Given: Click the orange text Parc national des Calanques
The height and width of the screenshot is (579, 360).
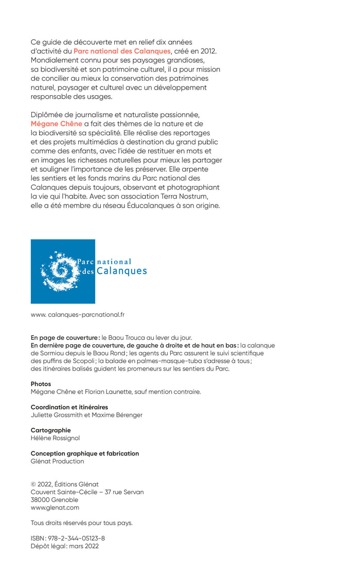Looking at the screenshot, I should click(122, 51).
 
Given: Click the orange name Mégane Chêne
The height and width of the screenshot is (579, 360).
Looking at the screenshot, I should click(56, 124).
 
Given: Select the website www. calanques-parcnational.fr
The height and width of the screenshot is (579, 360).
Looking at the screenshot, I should click(78, 314).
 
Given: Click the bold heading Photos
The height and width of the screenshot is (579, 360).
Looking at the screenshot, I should click(41, 384).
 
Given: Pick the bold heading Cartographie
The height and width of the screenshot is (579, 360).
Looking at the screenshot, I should click(51, 430).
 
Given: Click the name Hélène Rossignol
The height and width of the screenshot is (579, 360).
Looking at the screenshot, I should click(55, 438).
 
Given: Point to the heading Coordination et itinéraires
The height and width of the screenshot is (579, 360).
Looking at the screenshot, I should click(69, 407).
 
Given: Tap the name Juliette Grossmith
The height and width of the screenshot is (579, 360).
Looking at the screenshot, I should click(57, 415).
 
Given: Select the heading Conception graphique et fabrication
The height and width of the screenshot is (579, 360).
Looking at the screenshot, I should click(85, 453).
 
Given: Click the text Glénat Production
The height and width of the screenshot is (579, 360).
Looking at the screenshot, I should click(57, 461).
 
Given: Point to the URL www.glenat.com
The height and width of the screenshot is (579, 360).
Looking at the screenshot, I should click(55, 507).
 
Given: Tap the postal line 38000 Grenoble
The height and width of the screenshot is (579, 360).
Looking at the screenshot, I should click(55, 500).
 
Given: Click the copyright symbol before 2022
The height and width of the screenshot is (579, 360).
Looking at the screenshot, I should click(33, 484).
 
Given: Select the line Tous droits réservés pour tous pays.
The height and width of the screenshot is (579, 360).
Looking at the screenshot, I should click(82, 523).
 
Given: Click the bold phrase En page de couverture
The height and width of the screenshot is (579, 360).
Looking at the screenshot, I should click(64, 338).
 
